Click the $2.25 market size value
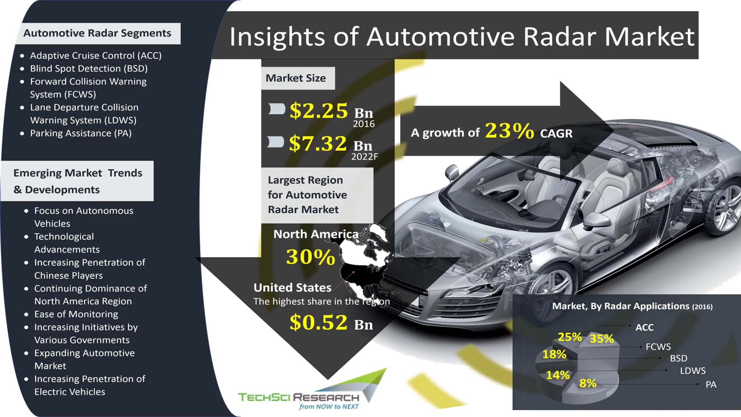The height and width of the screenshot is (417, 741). [319, 111]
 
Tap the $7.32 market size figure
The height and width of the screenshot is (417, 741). [318, 143]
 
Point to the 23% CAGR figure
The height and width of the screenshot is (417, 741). [509, 131]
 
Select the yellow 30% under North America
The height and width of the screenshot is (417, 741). [311, 257]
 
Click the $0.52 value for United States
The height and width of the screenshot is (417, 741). [319, 322]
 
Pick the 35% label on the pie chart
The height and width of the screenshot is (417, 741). [602, 339]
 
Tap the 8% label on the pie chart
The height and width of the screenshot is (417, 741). [588, 383]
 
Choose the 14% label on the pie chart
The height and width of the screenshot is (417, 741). [558, 375]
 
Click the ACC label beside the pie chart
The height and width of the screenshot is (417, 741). [645, 327]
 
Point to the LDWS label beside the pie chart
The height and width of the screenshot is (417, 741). [693, 371]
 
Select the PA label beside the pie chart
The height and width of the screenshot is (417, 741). [711, 385]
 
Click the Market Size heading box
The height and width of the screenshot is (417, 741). [298, 78]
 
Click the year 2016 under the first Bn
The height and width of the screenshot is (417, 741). [364, 124]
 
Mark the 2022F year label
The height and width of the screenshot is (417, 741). [365, 157]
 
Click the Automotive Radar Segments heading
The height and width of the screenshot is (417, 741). [97, 33]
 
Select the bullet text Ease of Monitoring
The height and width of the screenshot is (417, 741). [76, 314]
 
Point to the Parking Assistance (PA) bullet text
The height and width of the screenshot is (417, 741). [81, 133]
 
